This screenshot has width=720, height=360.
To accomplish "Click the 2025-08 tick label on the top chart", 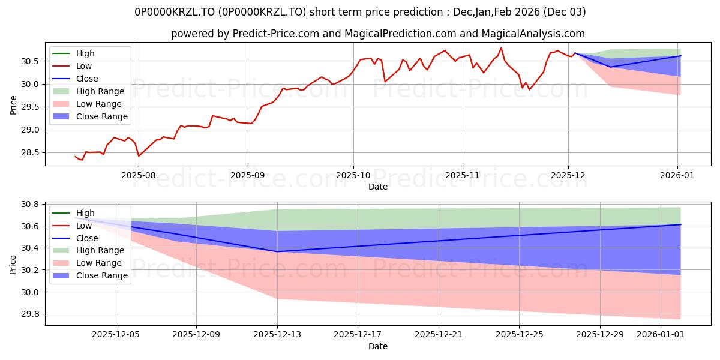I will point(139,175).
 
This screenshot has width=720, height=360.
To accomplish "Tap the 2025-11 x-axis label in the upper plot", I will point(462,175).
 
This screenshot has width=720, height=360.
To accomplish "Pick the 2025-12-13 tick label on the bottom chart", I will point(277,335).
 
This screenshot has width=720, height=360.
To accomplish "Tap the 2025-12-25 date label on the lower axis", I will point(519,335).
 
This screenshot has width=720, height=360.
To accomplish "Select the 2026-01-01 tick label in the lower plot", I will point(660,335).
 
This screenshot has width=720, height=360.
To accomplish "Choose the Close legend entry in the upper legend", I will point(87,79).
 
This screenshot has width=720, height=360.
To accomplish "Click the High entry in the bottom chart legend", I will point(85,213).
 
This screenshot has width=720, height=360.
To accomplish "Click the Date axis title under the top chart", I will point(378,187).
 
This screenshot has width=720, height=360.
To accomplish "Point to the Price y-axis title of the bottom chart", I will point(14,264).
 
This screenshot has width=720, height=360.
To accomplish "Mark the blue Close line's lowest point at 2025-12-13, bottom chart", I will point(277,251).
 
